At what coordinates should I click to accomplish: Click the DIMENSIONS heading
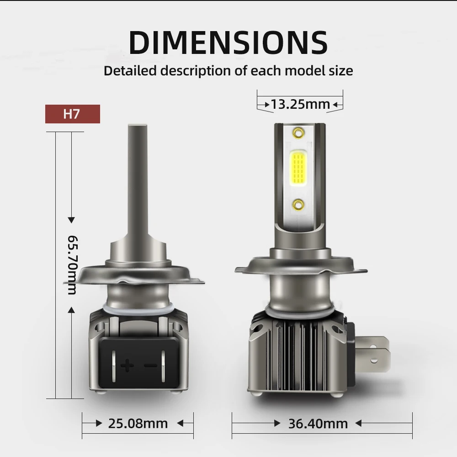click(228, 42)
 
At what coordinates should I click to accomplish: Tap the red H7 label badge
click(73, 114)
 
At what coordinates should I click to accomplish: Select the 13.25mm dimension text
click(300, 104)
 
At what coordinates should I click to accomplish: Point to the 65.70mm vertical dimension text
click(72, 265)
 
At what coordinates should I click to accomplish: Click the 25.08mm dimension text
click(138, 424)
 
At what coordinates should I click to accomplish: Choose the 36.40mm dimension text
click(318, 424)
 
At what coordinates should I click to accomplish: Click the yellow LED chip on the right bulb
click(298, 168)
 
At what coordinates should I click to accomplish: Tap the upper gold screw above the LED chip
click(298, 133)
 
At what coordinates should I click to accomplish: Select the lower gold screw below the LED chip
click(298, 205)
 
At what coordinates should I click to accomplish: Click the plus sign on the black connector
click(127, 365)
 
